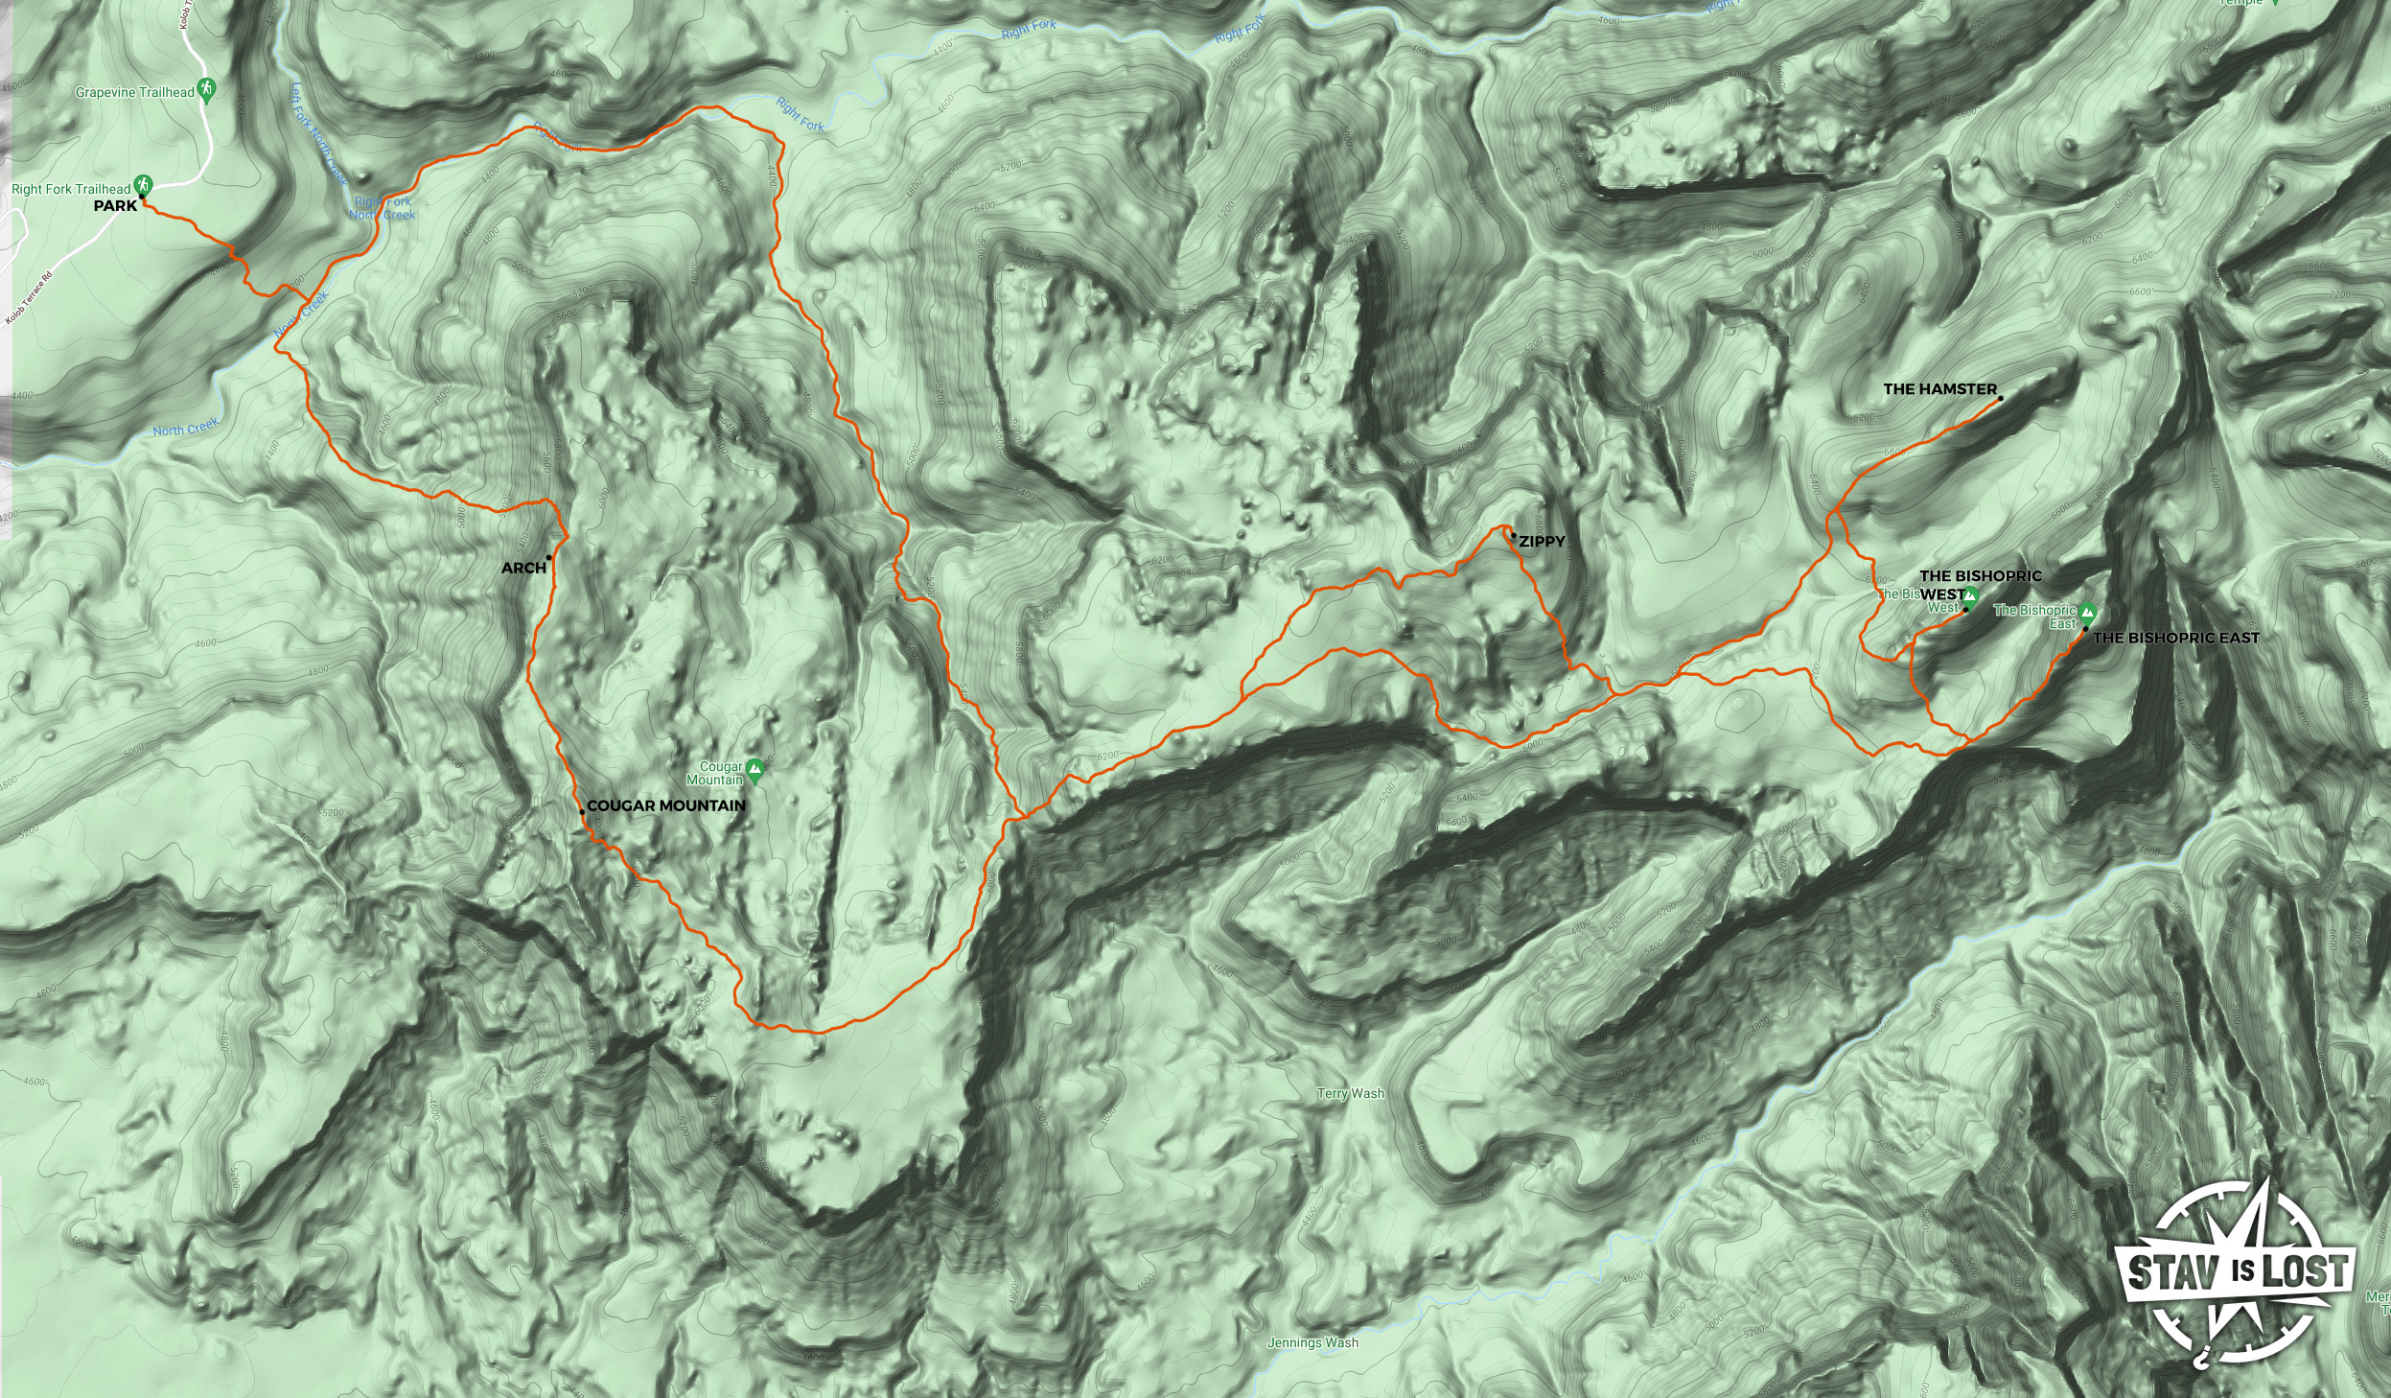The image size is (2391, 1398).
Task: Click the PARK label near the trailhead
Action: click(115, 206)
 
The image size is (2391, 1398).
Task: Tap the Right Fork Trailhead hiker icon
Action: click(143, 183)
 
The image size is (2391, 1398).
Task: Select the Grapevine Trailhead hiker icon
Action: click(206, 90)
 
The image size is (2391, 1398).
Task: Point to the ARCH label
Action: click(523, 568)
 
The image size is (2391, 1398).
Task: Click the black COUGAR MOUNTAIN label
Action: click(665, 805)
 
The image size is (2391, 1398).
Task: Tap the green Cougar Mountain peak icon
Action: click(755, 768)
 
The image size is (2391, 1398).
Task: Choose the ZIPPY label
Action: click(1542, 542)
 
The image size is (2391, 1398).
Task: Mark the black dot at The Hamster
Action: click(2000, 398)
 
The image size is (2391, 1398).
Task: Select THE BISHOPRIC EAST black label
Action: click(2175, 638)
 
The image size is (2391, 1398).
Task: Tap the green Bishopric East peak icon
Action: click(2088, 612)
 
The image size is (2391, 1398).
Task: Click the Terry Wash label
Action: click(1350, 1093)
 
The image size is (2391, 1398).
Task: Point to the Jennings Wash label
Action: click(1312, 1342)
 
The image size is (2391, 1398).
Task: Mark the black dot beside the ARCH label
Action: click(548, 558)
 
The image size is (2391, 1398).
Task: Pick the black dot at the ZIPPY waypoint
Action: click(1513, 535)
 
